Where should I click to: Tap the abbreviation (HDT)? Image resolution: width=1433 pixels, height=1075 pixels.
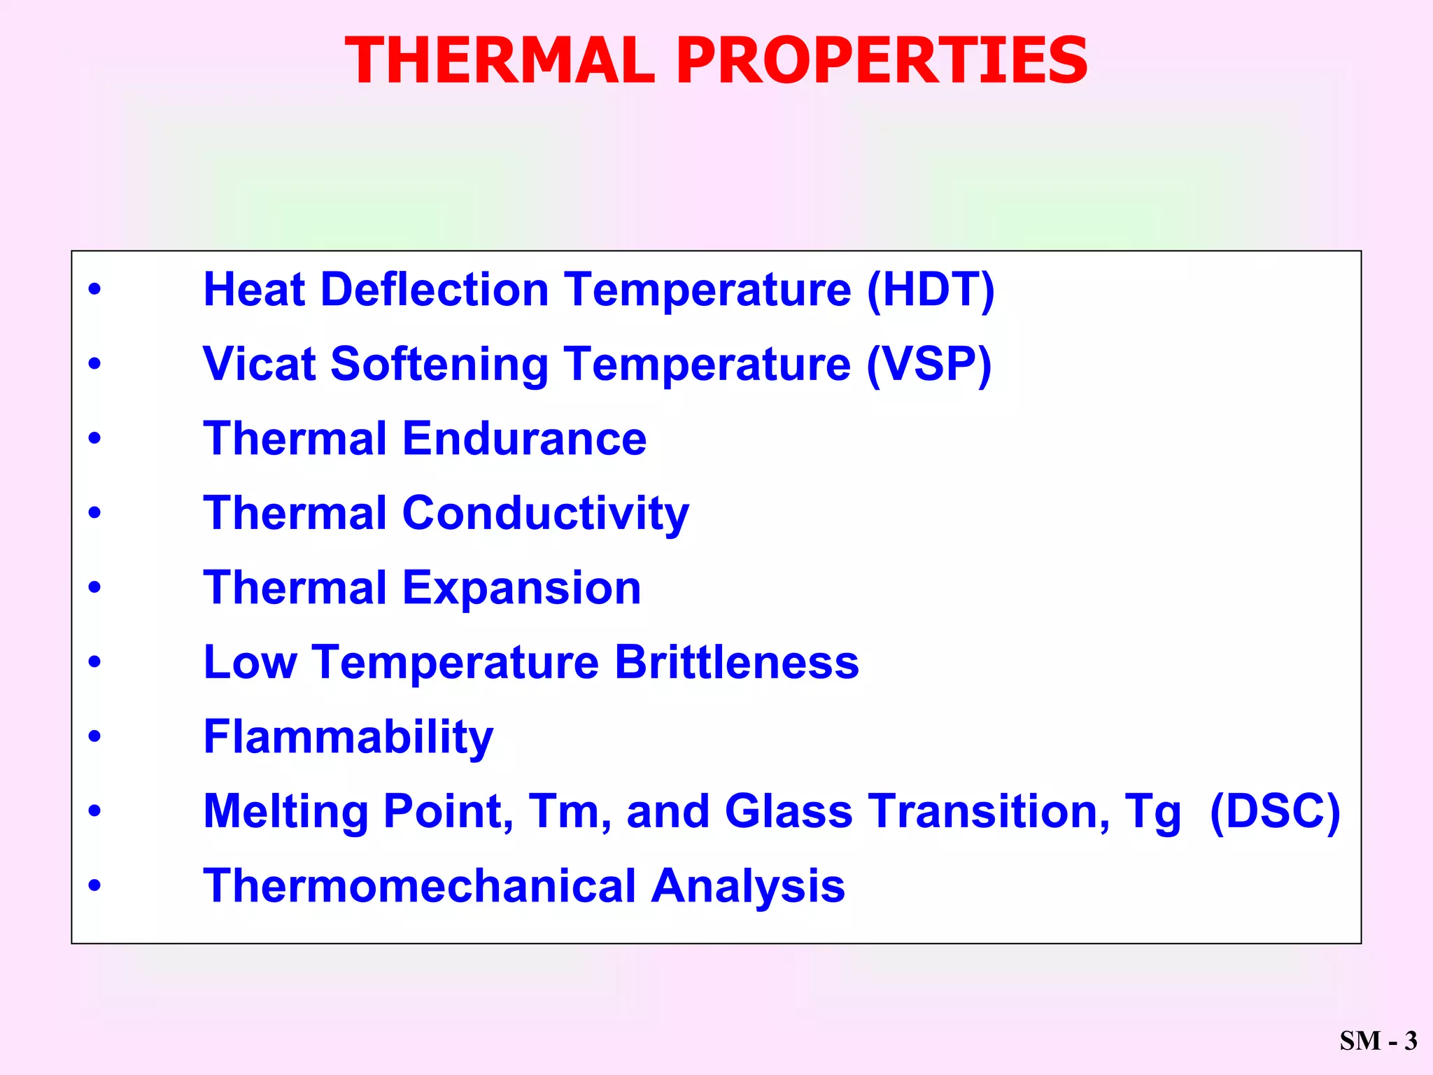point(930,290)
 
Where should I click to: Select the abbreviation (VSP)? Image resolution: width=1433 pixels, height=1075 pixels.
point(929,364)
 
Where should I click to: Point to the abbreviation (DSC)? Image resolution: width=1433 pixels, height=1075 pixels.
point(1275,811)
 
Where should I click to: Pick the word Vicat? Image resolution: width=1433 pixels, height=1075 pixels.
point(260,364)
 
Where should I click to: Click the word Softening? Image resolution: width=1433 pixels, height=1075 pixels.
point(439,365)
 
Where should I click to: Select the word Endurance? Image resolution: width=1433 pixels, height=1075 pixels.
point(524,439)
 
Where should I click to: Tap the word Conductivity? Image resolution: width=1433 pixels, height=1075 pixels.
point(545,514)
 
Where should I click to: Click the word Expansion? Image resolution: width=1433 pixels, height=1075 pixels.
point(521,589)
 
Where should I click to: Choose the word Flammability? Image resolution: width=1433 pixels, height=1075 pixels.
point(348,738)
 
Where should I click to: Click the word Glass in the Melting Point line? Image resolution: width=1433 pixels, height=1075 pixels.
point(789,811)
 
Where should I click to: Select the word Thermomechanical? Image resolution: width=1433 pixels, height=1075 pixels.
point(419,886)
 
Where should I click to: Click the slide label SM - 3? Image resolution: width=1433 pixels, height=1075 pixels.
point(1378,1041)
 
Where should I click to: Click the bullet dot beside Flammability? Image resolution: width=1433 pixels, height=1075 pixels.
point(94,736)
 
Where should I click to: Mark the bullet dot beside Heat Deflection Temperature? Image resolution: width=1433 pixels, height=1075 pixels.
point(94,289)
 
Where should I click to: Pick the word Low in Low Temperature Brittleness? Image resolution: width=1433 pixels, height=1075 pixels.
point(250,662)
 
